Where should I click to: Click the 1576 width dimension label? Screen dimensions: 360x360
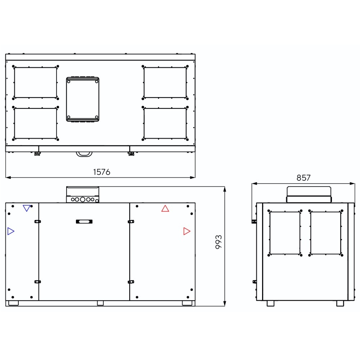(102, 172)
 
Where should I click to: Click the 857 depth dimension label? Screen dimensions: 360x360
(303, 178)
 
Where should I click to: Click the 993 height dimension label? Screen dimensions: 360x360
(219, 242)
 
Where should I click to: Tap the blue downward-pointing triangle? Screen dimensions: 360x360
(27, 208)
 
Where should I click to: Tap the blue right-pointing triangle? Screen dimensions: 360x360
(11, 231)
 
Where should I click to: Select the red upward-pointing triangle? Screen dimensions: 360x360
(165, 208)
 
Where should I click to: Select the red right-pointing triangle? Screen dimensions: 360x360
(187, 231)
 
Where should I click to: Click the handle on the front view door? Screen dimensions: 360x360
(84, 221)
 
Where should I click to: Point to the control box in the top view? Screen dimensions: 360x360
(83, 99)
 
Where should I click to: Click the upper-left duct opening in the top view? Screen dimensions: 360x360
(36, 82)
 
